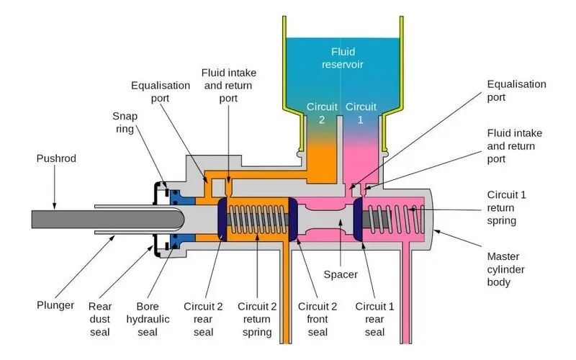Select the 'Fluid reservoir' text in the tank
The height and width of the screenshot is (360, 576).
click(x=342, y=58)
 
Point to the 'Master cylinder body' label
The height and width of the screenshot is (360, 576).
click(x=508, y=269)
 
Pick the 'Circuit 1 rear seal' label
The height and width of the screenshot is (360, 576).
click(x=374, y=318)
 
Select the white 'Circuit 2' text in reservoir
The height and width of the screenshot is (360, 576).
click(x=321, y=113)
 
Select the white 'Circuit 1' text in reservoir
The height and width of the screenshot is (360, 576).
click(x=361, y=113)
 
